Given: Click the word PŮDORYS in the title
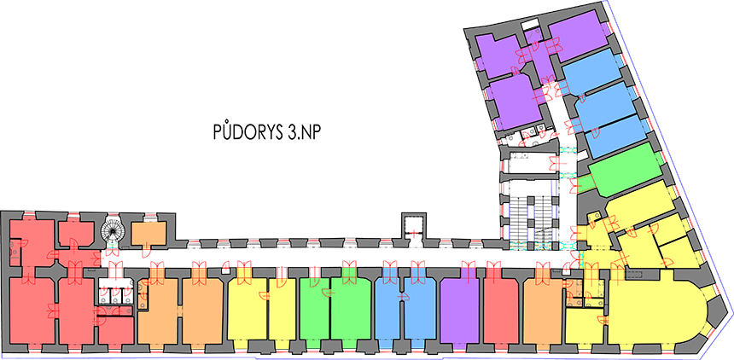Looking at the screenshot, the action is coord(245,132).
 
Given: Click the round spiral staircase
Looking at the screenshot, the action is coord(113,229).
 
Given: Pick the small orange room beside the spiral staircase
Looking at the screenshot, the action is coord(149,234).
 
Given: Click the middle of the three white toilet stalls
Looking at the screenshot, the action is coord(115,294).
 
